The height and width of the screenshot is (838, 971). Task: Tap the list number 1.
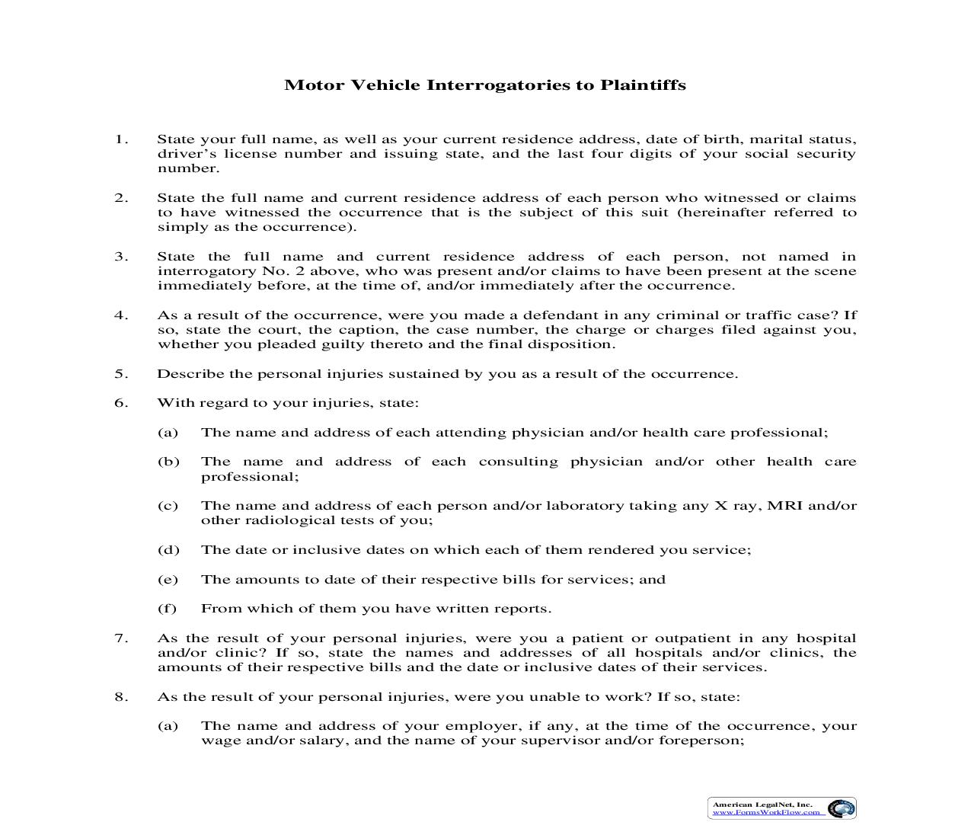point(121,139)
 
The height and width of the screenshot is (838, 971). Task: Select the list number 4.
point(121,315)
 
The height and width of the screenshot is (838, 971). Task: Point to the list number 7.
point(121,638)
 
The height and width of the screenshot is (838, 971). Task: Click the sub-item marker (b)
point(168,462)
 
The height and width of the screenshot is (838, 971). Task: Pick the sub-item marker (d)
point(168,550)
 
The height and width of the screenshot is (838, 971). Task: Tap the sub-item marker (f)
point(168,609)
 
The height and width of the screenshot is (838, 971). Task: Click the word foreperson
point(701,740)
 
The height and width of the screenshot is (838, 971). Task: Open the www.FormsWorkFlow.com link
point(766,812)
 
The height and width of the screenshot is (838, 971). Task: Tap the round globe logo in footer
point(841,808)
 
